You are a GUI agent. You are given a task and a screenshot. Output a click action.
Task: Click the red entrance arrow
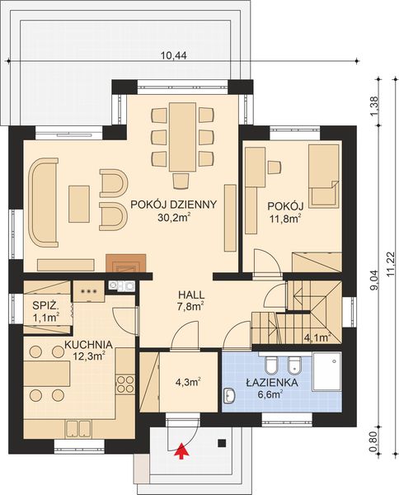pos(181,449)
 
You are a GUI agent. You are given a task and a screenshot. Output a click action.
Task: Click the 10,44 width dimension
pos(172,55)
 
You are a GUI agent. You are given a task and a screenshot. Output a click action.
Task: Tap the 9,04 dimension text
pos(373,281)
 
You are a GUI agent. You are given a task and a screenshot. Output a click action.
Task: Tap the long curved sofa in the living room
pos(41,203)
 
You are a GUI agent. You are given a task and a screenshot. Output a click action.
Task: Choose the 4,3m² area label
pos(187,383)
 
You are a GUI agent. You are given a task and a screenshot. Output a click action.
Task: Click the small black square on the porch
pos(221,443)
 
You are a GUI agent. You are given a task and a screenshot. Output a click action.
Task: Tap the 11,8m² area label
pos(285,218)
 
